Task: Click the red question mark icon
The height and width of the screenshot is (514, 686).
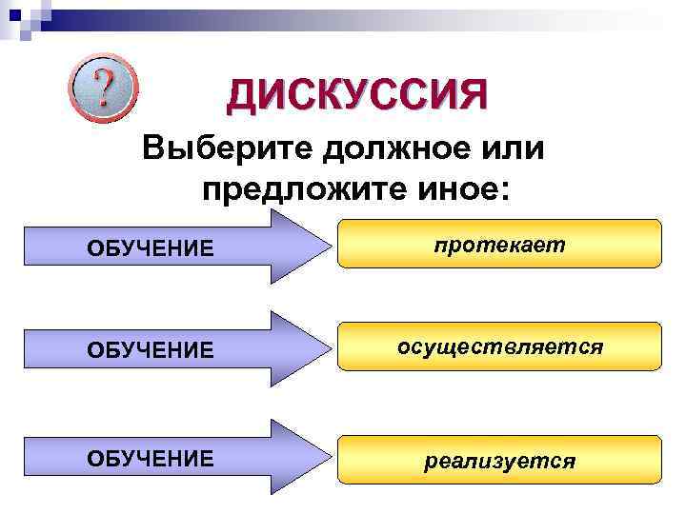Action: pyautogui.click(x=103, y=88)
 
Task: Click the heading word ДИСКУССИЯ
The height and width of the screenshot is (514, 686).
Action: pyautogui.click(x=356, y=95)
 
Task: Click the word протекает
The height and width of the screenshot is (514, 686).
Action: pyautogui.click(x=500, y=245)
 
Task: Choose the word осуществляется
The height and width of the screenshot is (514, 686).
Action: pyautogui.click(x=500, y=347)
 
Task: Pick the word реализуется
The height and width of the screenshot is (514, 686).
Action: pyautogui.click(x=500, y=462)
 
